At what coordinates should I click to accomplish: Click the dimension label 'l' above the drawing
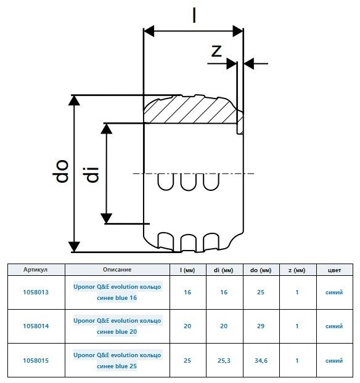[x=194, y=15]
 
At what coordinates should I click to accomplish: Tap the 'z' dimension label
[x=216, y=51]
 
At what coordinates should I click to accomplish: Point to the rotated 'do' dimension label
[x=60, y=171]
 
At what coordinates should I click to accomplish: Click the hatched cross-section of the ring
[x=190, y=111]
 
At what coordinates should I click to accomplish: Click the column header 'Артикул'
[x=36, y=270]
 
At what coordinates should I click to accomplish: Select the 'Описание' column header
[x=117, y=270]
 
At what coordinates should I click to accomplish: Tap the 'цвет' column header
[x=334, y=270]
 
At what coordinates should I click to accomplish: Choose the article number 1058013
[x=36, y=292]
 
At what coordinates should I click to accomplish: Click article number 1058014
[x=36, y=326]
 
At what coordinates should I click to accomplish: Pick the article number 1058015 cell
[x=36, y=361]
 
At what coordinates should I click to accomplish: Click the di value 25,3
[x=224, y=361]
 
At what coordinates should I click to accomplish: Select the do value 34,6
[x=261, y=361]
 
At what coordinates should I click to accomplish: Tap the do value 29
[x=261, y=326]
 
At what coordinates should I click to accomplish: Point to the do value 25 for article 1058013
[x=261, y=292]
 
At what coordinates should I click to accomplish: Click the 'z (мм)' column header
[x=297, y=270]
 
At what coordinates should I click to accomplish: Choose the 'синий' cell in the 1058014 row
[x=334, y=326]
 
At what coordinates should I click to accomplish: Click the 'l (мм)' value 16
[x=187, y=292]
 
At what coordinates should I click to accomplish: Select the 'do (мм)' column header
[x=261, y=270]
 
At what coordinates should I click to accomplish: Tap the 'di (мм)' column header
[x=224, y=270]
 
